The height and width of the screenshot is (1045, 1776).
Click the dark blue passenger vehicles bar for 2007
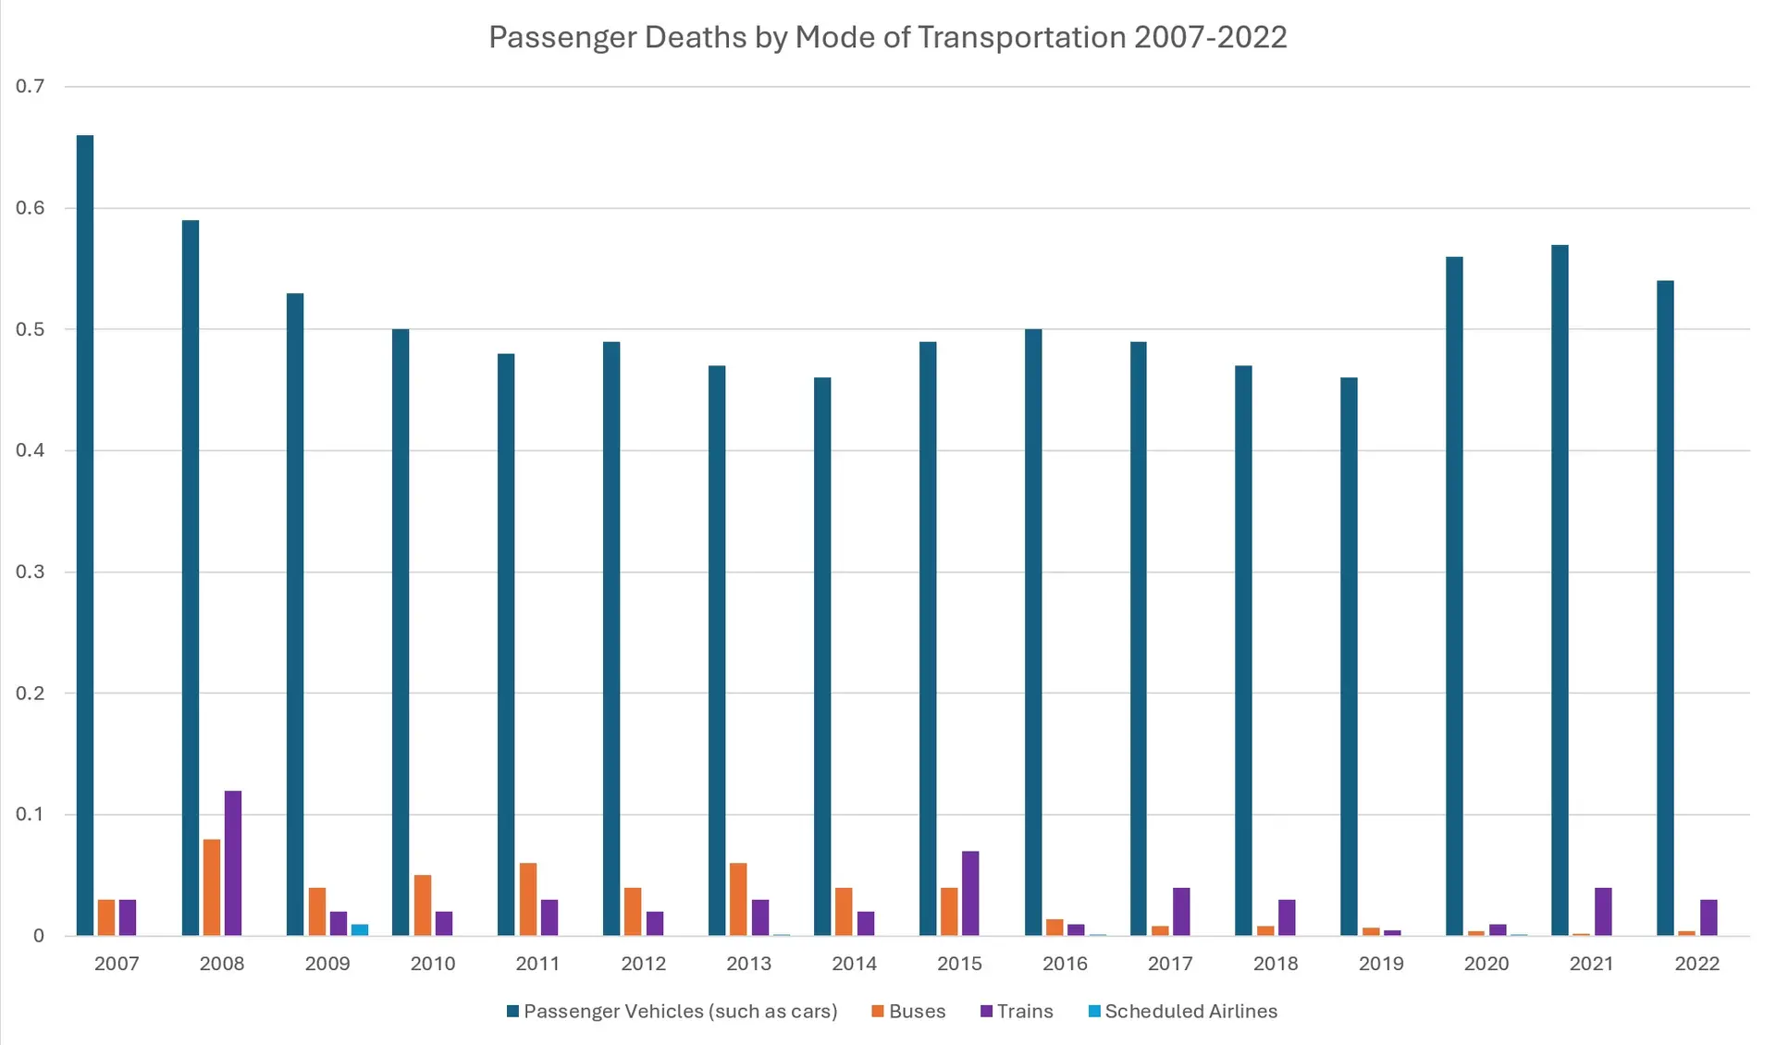(x=85, y=535)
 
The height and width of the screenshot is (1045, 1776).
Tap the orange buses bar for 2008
(x=212, y=887)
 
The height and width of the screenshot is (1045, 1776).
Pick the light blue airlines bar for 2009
(x=360, y=929)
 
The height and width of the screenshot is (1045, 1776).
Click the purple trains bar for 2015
(x=970, y=893)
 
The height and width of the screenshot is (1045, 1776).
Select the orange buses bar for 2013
(x=738, y=899)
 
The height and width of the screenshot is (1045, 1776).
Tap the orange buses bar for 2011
(x=527, y=899)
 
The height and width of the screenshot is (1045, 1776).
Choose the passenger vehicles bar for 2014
(x=822, y=657)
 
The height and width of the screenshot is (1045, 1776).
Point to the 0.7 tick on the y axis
(x=30, y=86)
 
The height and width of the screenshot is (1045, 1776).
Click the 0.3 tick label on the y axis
(x=30, y=572)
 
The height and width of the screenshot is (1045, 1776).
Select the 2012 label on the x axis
(x=644, y=964)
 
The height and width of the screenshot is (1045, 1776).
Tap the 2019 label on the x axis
(x=1381, y=964)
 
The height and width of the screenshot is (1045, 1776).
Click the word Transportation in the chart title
(x=1022, y=37)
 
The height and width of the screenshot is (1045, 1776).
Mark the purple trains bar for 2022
(x=1708, y=917)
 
